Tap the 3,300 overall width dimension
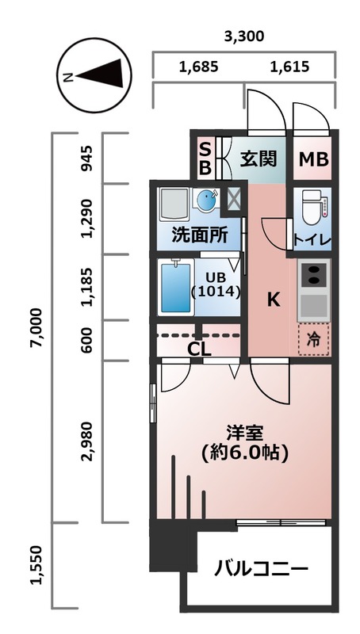(x=243, y=36)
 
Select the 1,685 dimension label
(x=198, y=67)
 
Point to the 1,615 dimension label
(x=289, y=67)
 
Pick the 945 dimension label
(x=89, y=158)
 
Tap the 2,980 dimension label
(x=89, y=441)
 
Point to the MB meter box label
(x=313, y=159)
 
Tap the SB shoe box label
(x=205, y=158)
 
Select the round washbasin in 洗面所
(x=206, y=201)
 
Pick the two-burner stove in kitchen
(x=314, y=274)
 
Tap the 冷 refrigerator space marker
(x=314, y=340)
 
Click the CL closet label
(x=198, y=348)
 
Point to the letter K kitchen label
(x=272, y=300)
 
